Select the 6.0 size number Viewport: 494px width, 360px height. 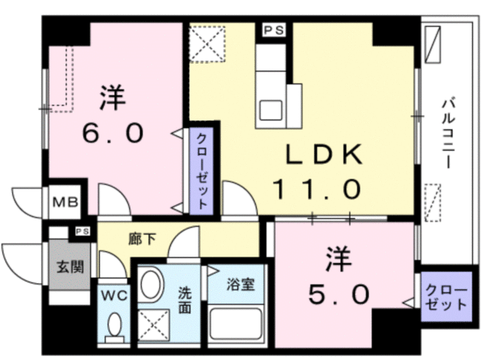tap(113, 134)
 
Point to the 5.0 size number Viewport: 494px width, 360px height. tap(334, 294)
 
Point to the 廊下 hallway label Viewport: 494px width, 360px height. tap(144, 239)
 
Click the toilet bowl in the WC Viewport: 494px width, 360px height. tap(115, 327)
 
